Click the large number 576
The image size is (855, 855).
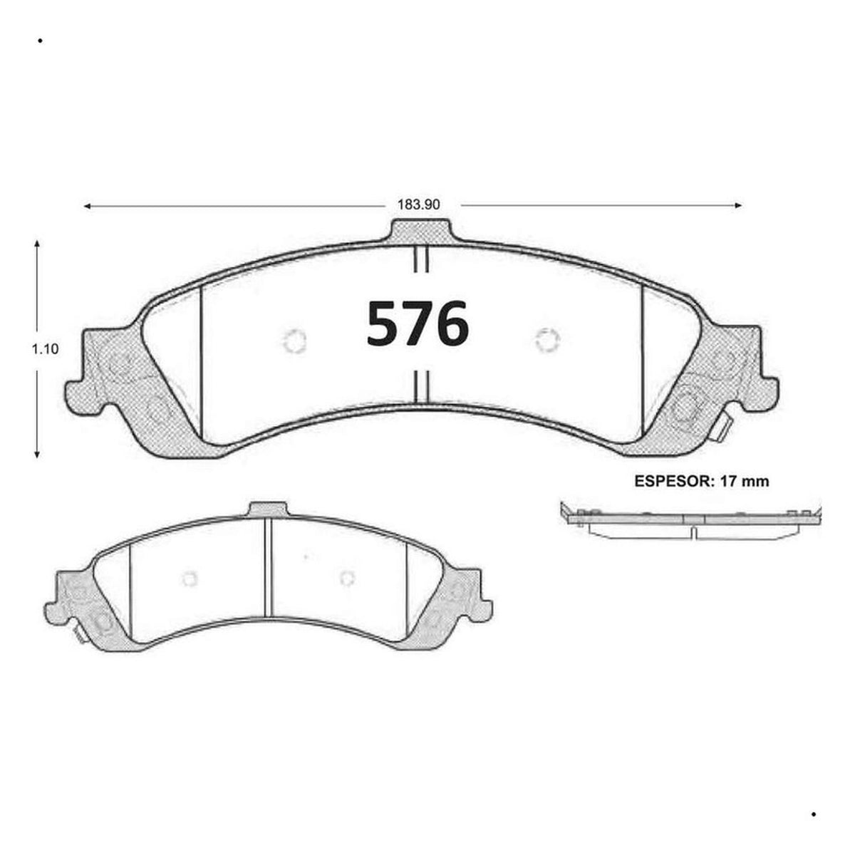[418, 323]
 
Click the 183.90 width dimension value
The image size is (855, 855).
[418, 204]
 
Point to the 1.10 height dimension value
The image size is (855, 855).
[45, 348]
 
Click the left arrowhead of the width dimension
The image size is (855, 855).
[88, 206]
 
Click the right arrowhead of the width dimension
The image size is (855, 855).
[738, 205]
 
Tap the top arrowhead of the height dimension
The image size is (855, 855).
[37, 244]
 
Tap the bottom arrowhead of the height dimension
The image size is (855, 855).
[37, 454]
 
